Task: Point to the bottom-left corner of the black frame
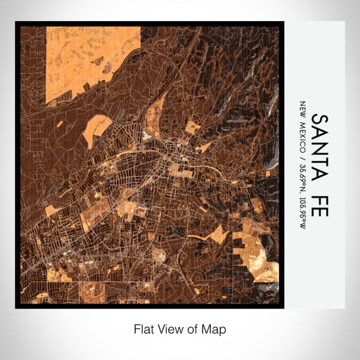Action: (x=17, y=307)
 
